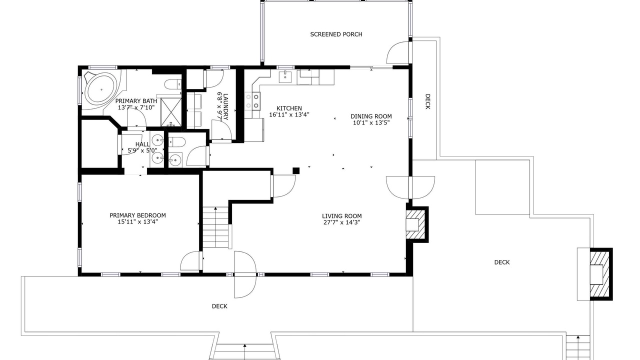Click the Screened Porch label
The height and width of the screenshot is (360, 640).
coord(336,34)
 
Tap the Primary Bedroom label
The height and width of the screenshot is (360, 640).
coord(137,215)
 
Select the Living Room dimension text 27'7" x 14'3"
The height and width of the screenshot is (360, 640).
coord(341,222)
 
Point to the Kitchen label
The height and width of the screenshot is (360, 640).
coord(289,108)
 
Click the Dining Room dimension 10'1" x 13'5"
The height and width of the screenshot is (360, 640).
coord(371,123)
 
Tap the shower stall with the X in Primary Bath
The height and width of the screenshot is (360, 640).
coord(171,112)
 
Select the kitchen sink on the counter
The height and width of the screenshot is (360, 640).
coord(285,77)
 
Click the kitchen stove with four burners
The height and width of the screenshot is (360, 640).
coord(252,101)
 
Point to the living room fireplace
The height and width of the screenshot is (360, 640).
coord(417,224)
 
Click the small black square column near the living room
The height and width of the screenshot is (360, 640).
coord(296,171)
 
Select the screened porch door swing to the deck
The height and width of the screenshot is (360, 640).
coord(397,53)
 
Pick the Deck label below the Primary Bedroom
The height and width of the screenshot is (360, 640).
coord(219,306)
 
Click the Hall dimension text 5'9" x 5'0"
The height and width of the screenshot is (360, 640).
coord(142,150)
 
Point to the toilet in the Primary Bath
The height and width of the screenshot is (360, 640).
coord(173,84)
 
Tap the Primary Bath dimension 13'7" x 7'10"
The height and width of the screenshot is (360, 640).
coord(136,107)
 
